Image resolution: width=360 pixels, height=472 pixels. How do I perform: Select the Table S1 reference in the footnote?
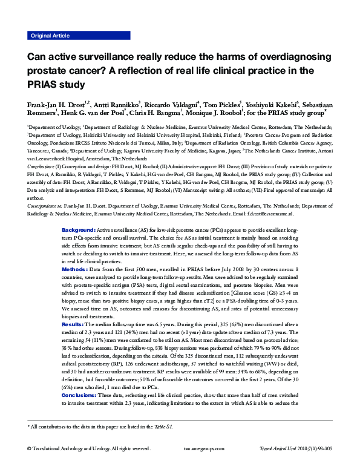pos(163,427)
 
